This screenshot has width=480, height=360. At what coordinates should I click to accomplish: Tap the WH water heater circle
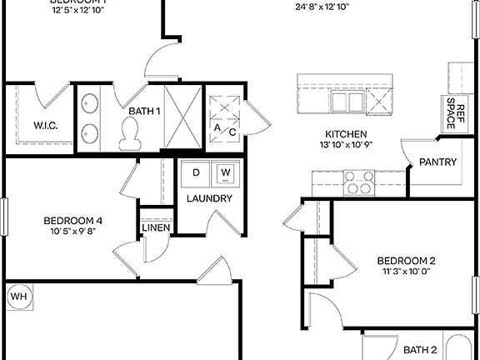(x=17, y=296)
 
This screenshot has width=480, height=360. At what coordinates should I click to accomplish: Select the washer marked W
(x=225, y=172)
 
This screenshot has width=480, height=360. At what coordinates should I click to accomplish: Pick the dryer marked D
(x=197, y=172)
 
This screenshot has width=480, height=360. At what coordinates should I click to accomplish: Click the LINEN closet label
(x=156, y=227)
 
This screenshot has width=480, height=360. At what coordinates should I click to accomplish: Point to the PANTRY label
(x=437, y=162)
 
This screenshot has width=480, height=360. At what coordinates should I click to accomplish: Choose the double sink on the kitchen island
(x=347, y=102)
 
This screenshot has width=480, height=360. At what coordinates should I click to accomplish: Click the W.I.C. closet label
(x=45, y=127)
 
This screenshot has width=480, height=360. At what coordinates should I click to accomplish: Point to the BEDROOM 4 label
(x=73, y=221)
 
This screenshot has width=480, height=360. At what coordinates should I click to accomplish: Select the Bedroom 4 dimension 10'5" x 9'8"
(x=73, y=232)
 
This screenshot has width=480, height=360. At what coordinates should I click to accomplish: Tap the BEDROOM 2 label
(x=407, y=260)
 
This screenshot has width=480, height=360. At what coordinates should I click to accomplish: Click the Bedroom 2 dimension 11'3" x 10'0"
(x=407, y=272)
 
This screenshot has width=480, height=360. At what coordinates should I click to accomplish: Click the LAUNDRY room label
(x=209, y=198)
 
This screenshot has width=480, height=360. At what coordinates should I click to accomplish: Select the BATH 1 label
(x=144, y=110)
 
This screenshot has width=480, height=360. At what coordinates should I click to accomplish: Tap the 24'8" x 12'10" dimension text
(x=322, y=7)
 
